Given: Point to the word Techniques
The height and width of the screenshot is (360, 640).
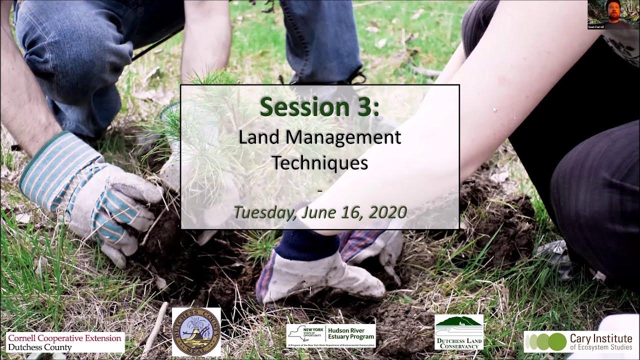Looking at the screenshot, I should tap(319, 162).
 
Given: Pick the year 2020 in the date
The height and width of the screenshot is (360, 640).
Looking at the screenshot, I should tap(387, 212).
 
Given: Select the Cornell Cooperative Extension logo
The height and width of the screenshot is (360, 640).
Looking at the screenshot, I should tap(65, 342).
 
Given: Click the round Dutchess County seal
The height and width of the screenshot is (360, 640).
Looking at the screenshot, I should tap(196, 332).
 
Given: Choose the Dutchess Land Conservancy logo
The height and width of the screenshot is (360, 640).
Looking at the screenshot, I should tap(458, 332).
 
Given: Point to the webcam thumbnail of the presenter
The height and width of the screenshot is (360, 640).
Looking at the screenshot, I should tap(613, 14).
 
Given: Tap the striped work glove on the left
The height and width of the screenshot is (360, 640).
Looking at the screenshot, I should tap(90, 195).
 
